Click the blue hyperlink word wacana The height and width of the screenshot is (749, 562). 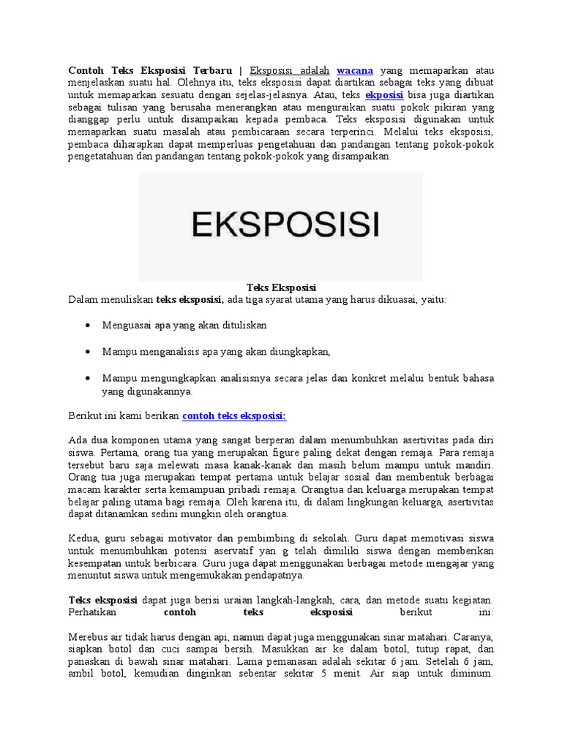[355, 70]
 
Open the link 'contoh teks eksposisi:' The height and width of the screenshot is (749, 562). [233, 415]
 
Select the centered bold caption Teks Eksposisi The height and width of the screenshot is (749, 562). [281, 287]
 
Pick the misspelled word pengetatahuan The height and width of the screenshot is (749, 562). [102, 156]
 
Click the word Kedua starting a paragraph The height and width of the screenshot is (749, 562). [83, 539]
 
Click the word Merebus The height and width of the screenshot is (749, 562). [88, 636]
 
